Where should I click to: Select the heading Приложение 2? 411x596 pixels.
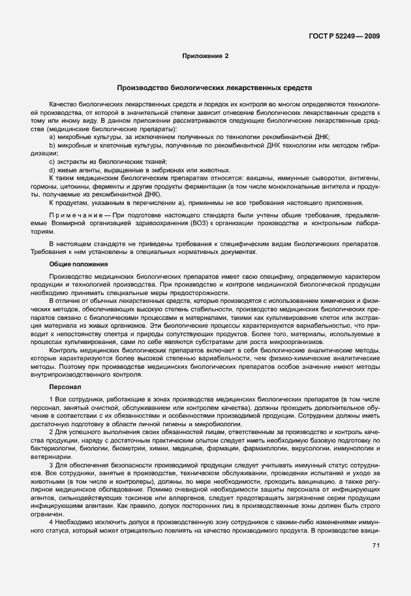pyautogui.click(x=205, y=57)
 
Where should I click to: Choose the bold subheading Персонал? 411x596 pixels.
pyautogui.click(x=64, y=387)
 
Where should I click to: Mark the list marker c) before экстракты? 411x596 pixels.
pyautogui.click(x=52, y=161)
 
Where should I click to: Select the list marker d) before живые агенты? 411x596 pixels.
pyautogui.click(x=52, y=170)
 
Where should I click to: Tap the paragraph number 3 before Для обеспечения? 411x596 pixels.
pyautogui.click(x=51, y=466)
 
